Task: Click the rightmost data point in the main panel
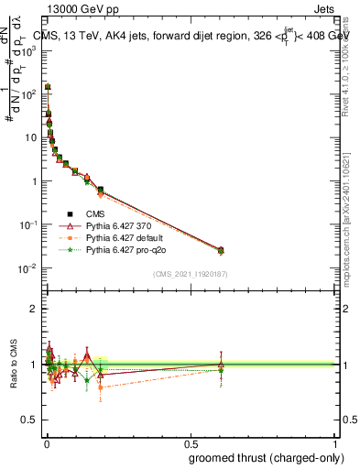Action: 220,250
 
